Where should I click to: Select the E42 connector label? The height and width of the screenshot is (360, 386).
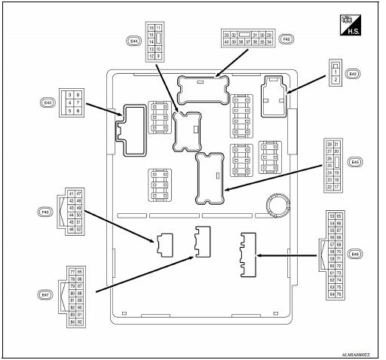tap(352, 73)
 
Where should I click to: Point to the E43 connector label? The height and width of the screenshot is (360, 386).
tap(48, 102)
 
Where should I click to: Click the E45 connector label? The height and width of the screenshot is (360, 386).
tap(355, 161)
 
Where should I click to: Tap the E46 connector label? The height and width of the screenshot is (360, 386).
tap(355, 255)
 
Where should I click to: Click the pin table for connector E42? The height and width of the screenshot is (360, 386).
tap(333, 74)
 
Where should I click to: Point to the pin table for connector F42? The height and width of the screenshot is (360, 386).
tap(247, 38)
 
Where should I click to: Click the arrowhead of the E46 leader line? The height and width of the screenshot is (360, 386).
tap(259, 255)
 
